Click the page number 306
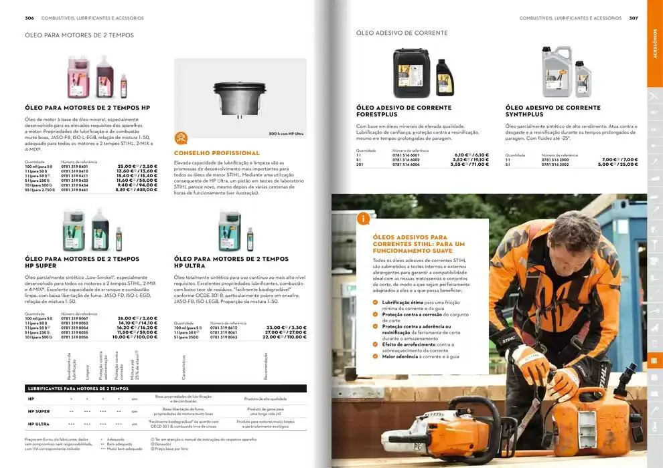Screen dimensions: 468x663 [29, 18]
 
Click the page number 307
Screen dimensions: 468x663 [633, 18]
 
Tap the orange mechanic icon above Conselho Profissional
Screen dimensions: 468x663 [181, 138]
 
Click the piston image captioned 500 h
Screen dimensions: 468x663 [240, 97]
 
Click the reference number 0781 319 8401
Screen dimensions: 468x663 [74, 166]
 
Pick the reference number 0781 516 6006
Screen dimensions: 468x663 [406, 164]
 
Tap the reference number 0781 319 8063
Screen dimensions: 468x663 [224, 337]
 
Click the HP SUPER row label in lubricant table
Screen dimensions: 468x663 [38, 411]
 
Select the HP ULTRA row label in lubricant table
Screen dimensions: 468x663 [38, 425]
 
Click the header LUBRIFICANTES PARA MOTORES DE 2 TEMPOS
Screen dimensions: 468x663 [78, 388]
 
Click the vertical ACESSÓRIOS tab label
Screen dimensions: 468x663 [654, 44]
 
